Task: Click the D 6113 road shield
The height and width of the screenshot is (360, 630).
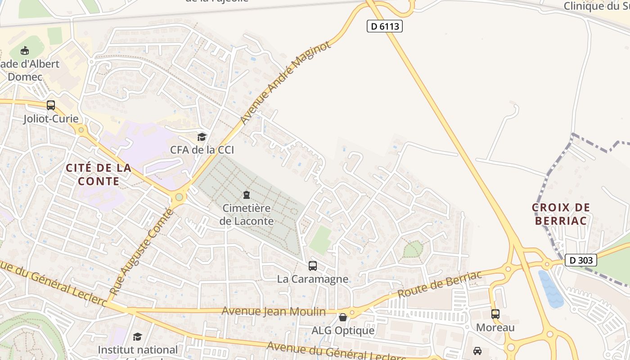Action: pyautogui.click(x=384, y=27)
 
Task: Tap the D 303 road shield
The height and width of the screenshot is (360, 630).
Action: pyautogui.click(x=580, y=260)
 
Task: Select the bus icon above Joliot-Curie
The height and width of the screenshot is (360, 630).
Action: pyautogui.click(x=51, y=105)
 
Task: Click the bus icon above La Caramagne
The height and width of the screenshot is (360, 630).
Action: pyautogui.click(x=313, y=266)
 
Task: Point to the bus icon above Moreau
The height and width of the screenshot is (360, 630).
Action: pyautogui.click(x=495, y=314)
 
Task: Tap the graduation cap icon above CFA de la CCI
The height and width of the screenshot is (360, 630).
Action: pyautogui.click(x=202, y=137)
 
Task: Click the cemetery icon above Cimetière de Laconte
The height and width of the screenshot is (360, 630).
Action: pyautogui.click(x=247, y=195)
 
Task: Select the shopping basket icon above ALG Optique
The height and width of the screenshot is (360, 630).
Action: pyautogui.click(x=343, y=317)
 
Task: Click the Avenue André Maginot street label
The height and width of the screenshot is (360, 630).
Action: pyautogui.click(x=285, y=83)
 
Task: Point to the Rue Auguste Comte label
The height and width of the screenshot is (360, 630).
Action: pyautogui.click(x=141, y=252)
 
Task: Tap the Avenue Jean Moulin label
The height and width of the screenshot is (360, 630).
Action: pyautogui.click(x=274, y=311)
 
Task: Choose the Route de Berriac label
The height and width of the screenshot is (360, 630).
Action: pyautogui.click(x=440, y=284)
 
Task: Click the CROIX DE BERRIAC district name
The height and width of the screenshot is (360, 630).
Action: pyautogui.click(x=561, y=214)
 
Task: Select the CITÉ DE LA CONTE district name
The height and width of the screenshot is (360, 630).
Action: pyautogui.click(x=99, y=175)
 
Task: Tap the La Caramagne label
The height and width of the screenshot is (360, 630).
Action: pyautogui.click(x=312, y=279)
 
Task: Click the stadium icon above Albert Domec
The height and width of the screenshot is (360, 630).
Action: pyautogui.click(x=25, y=50)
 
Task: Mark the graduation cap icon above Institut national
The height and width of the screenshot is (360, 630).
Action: pyautogui.click(x=137, y=337)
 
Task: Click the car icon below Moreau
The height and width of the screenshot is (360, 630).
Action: pyautogui.click(x=477, y=351)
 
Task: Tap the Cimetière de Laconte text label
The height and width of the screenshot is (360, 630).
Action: pyautogui.click(x=247, y=215)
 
